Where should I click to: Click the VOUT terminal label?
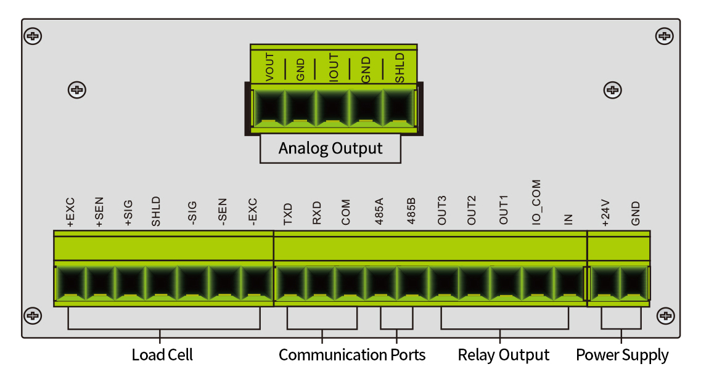tap(269, 67)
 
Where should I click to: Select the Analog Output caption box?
tap(330, 148)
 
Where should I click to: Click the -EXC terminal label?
tap(252, 213)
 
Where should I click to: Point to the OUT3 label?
tap(442, 211)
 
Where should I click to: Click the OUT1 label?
tap(503, 211)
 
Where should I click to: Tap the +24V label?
tap(605, 213)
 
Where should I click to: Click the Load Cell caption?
tap(162, 355)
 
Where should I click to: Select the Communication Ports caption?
tap(352, 355)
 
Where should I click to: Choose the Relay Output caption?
tap(503, 355)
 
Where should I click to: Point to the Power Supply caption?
tap(622, 355)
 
